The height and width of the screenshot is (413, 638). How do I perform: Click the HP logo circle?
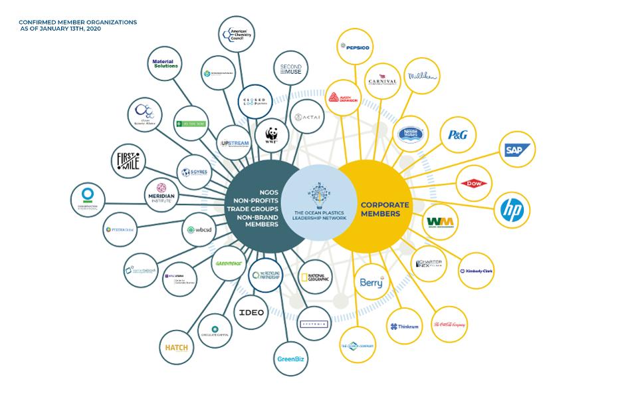click(x=512, y=211)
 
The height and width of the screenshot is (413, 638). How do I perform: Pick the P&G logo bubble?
click(x=457, y=135)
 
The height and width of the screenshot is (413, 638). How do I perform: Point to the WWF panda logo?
click(x=272, y=135)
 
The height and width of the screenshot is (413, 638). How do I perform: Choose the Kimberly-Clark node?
click(x=476, y=271)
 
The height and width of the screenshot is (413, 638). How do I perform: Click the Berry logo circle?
click(x=372, y=283)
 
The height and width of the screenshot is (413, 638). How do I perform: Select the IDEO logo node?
click(x=251, y=312)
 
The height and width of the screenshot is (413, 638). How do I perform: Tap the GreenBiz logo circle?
click(x=290, y=360)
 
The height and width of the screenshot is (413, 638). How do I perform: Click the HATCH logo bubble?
click(x=177, y=347)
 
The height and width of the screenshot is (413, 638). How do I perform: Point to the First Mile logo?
click(x=128, y=160)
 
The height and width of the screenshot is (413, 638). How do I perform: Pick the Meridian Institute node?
click(x=161, y=195)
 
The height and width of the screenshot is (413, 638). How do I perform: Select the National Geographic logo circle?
click(x=314, y=279)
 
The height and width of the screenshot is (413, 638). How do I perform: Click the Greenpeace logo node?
click(x=229, y=263)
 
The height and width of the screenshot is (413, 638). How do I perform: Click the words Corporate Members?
click(x=385, y=209)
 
